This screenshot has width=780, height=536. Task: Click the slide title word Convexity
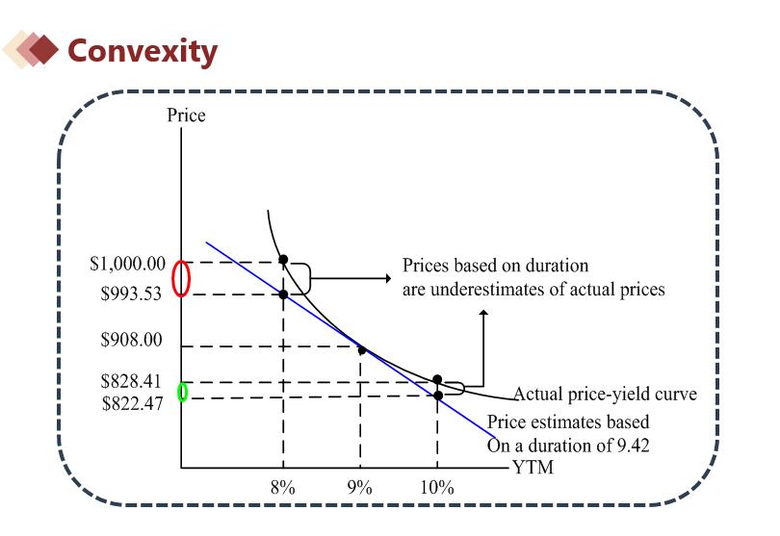coord(142,50)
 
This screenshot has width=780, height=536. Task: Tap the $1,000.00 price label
coord(128,264)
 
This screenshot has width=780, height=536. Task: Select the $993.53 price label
coord(133,295)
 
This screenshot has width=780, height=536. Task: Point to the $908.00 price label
coord(132,340)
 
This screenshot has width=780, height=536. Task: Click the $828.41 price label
coord(132,382)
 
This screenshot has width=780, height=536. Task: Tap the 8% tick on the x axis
coord(282,487)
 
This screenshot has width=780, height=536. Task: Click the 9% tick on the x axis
coord(360,487)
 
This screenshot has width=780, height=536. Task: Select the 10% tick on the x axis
coord(437,487)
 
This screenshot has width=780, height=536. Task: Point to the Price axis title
coord(186,116)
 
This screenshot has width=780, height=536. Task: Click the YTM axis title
coord(533,468)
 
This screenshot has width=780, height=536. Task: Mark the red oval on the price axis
coord(181,279)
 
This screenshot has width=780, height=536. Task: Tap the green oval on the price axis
coord(184,393)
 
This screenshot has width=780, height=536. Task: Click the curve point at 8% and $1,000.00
coord(283,260)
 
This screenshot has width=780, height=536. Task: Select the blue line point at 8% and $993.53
coord(283,294)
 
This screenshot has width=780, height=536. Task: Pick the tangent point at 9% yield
coord(362,349)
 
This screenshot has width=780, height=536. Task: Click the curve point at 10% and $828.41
coord(437,380)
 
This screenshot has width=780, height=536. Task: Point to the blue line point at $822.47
coord(437,395)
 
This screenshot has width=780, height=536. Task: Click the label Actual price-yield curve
coord(604,395)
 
